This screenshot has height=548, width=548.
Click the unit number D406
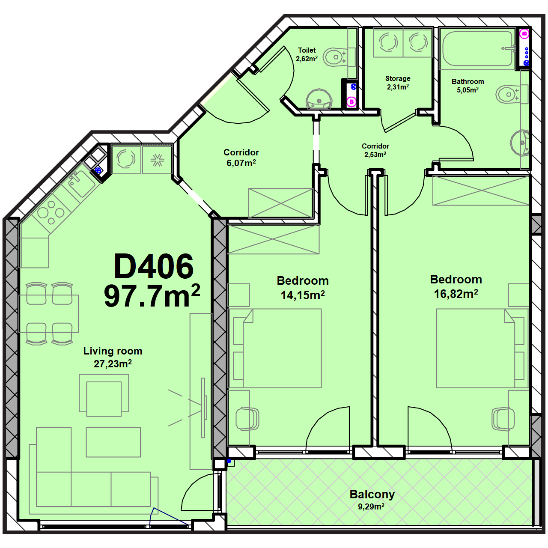pyautogui.click(x=154, y=266)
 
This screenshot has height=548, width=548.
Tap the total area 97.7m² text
pyautogui.click(x=152, y=296)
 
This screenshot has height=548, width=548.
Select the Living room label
pyautogui.click(x=113, y=351)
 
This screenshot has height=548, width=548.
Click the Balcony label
pyautogui.click(x=372, y=494)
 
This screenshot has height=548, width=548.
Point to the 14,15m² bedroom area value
pyautogui.click(x=303, y=295)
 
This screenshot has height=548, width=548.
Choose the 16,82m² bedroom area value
pyautogui.click(x=456, y=294)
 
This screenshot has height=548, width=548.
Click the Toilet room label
pyautogui.click(x=307, y=51)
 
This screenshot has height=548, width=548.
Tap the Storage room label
pyautogui.click(x=398, y=78)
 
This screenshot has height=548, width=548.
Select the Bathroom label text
pyautogui.click(x=468, y=81)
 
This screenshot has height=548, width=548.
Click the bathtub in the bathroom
pyautogui.click(x=478, y=48)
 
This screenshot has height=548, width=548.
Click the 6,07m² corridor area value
pyautogui.click(x=241, y=163)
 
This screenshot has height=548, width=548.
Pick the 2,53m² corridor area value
pyautogui.click(x=375, y=155)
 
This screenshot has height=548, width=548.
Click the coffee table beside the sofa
pyautogui.click(x=113, y=442)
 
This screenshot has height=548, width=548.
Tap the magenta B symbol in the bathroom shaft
pyautogui.click(x=524, y=34)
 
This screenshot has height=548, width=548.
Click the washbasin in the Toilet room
pyautogui.click(x=319, y=99)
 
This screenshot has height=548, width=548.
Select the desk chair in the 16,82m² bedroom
pyautogui.click(x=503, y=419)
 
